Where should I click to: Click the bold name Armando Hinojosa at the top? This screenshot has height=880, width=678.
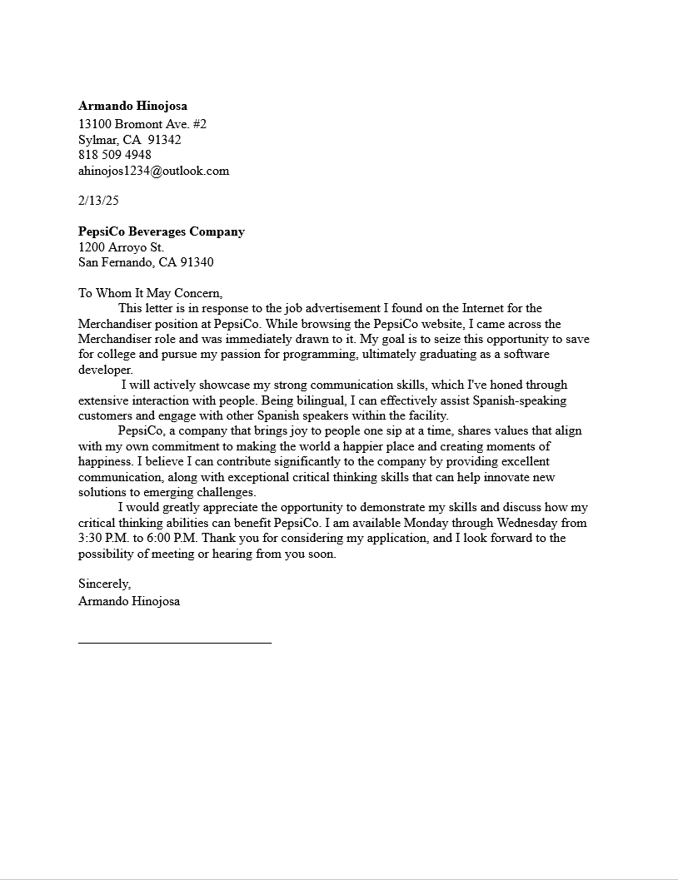click(132, 106)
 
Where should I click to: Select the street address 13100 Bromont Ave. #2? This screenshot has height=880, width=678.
click(142, 124)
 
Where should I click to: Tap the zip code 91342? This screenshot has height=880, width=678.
click(164, 140)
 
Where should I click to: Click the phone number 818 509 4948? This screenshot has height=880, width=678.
click(115, 155)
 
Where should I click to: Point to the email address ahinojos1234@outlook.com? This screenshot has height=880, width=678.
click(153, 171)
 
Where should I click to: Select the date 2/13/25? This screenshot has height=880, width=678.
click(98, 201)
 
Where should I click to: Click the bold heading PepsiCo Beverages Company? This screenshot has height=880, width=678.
click(162, 231)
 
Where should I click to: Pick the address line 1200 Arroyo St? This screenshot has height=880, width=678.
click(122, 247)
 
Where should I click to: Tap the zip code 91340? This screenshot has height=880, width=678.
click(197, 262)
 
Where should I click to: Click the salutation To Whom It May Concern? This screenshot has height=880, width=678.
click(151, 293)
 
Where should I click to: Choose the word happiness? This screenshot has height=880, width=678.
click(106, 461)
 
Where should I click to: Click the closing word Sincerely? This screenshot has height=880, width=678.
click(104, 584)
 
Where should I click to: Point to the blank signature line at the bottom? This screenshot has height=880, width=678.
click(175, 642)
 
